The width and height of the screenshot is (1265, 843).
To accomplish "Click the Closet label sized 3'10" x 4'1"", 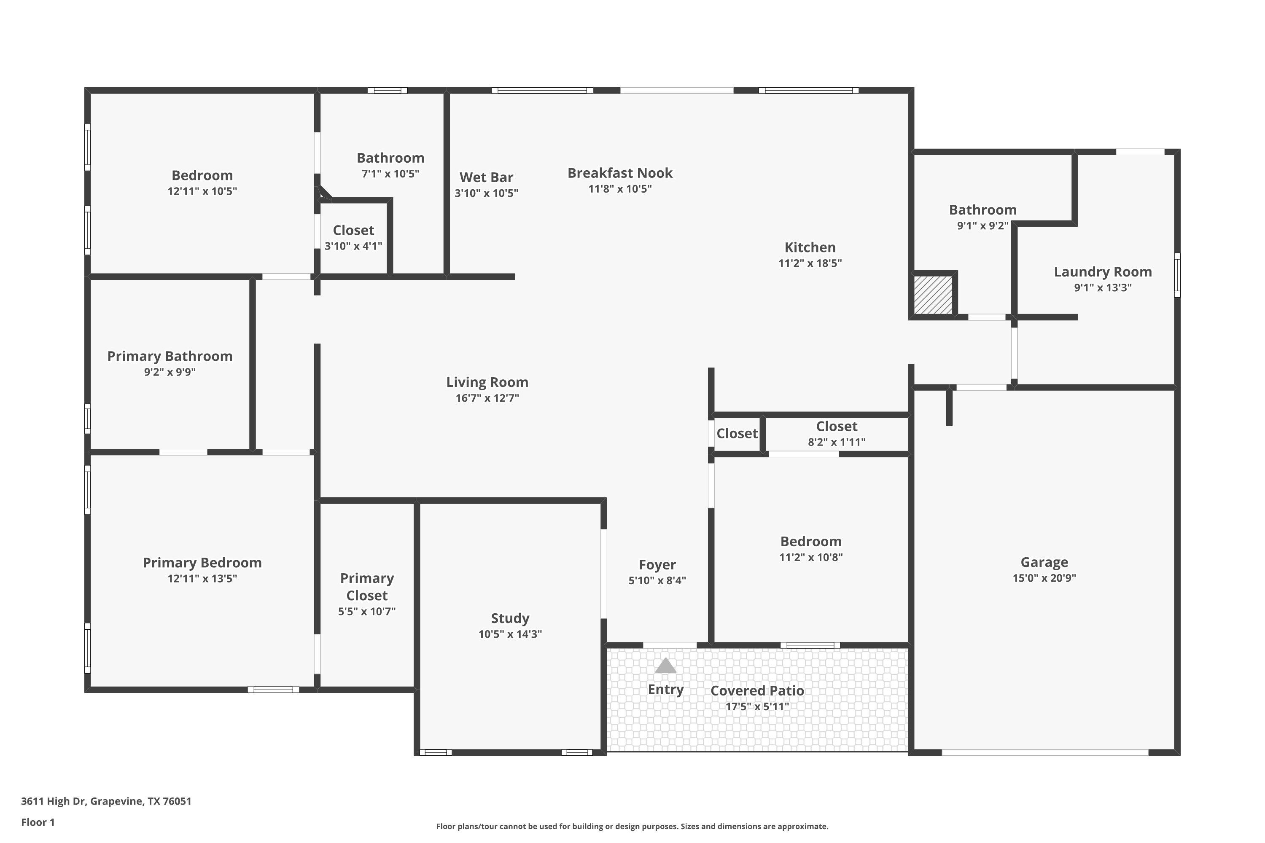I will click(353, 231).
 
